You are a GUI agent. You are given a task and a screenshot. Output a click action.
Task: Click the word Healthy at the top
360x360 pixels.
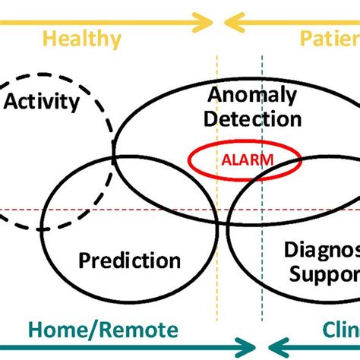coord(81,39)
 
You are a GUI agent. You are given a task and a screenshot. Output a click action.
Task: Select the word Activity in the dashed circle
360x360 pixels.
coord(42,101)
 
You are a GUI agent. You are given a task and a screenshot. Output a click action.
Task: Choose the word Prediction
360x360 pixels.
coord(129,261)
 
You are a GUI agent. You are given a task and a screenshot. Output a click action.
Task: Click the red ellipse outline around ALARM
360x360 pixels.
coord(191,160)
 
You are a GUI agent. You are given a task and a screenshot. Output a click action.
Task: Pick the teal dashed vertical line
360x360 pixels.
coord(262,76)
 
